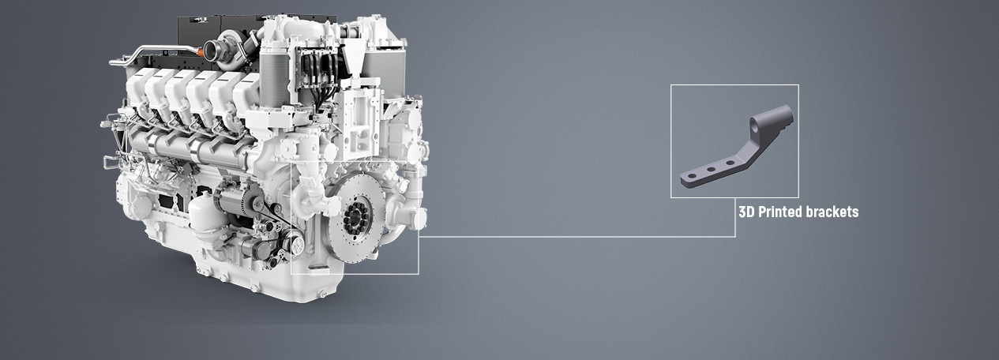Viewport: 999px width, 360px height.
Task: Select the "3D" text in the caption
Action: point(746,212)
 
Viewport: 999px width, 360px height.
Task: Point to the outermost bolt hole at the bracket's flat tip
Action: point(692,176)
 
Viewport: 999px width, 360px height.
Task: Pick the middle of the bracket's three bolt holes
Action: point(711,169)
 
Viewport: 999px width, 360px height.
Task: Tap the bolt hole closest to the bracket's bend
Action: point(730,163)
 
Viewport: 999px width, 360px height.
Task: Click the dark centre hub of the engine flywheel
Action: point(355,218)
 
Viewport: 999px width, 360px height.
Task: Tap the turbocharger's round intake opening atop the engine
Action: point(212,50)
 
